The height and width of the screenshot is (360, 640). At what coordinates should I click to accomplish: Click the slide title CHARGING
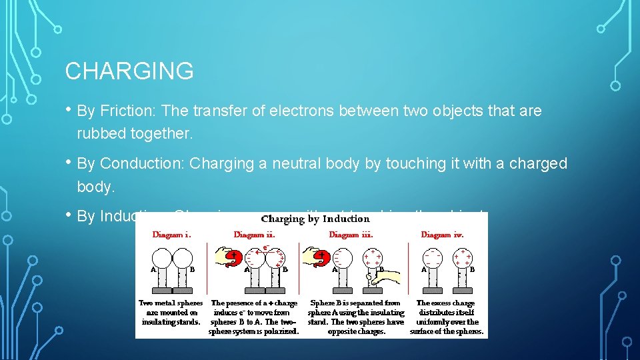tap(129, 71)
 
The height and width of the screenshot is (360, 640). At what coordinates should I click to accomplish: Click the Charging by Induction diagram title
tap(315, 219)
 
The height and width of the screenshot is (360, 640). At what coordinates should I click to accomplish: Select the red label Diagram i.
tap(172, 235)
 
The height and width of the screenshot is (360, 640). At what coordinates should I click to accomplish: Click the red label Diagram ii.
tap(254, 235)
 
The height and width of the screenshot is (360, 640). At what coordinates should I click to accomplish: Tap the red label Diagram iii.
tap(351, 235)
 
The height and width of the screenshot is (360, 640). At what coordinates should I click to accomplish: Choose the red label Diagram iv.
tap(442, 235)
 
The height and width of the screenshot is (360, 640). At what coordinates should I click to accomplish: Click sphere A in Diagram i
tap(163, 257)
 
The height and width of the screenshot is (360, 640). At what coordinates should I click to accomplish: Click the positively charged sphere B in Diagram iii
tap(372, 257)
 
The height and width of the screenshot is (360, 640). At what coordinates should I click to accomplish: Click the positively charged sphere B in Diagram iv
tap(462, 257)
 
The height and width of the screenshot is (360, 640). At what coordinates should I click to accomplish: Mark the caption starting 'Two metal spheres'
tap(171, 312)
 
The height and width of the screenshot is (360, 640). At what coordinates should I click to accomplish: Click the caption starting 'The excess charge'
tap(447, 317)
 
